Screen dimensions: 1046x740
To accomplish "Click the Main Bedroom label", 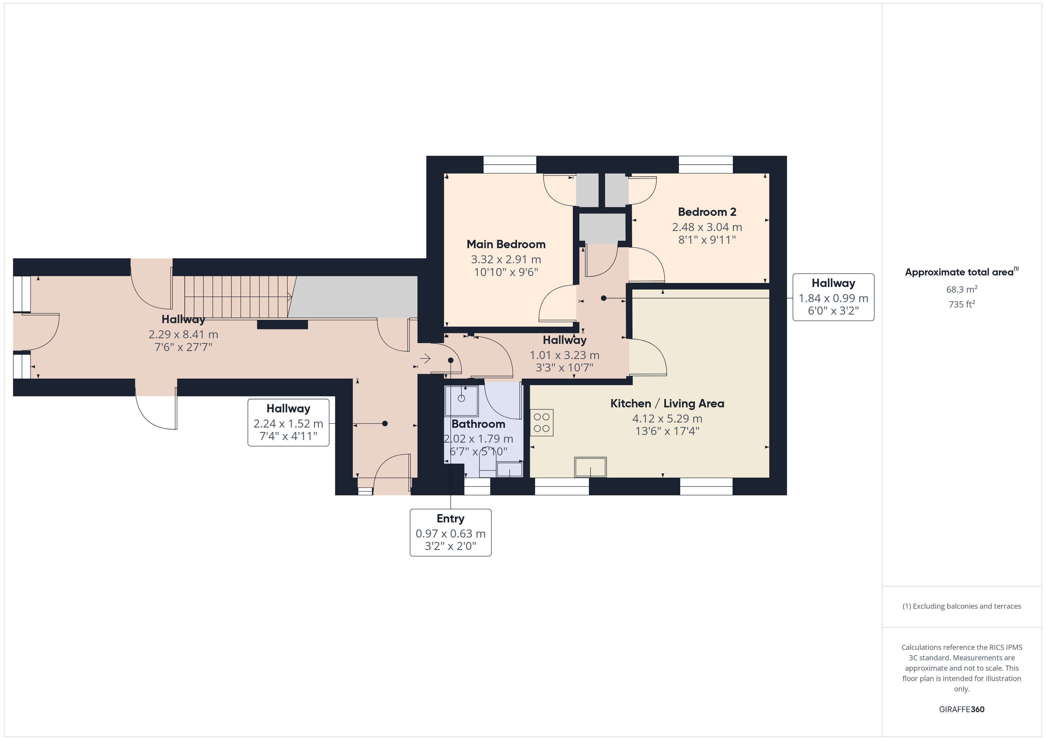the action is [x=506, y=244].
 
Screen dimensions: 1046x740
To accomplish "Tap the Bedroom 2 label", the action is [x=707, y=212].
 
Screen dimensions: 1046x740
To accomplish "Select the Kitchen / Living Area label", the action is [x=667, y=403].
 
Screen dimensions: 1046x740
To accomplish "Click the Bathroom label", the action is [x=478, y=424].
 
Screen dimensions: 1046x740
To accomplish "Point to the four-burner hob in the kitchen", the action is [x=542, y=422].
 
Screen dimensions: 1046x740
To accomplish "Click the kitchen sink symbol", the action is [x=590, y=467].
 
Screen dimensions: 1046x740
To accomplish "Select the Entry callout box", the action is [x=451, y=532].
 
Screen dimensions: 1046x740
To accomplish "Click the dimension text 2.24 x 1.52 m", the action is [x=288, y=424].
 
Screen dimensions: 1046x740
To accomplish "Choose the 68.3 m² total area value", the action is [x=962, y=289].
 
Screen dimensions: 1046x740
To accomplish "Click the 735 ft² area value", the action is [x=962, y=304].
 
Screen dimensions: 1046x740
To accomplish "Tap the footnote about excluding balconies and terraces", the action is [x=962, y=606].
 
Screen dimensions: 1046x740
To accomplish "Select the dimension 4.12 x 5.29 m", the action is [x=667, y=418].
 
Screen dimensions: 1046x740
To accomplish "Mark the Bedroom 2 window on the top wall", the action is [x=706, y=165].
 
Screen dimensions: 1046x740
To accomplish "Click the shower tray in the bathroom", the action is [x=462, y=401].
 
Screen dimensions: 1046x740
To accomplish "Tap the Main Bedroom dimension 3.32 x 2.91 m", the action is [x=506, y=259].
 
